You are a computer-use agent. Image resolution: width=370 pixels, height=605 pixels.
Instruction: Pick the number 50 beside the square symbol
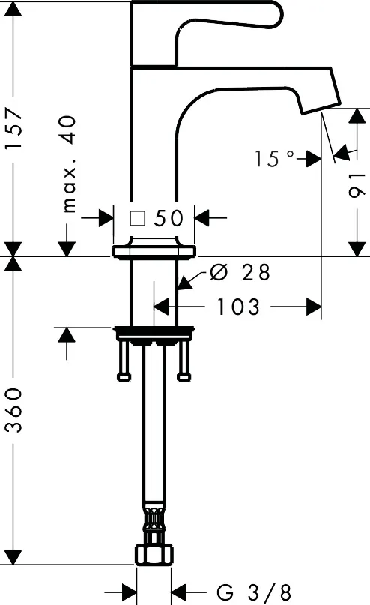(169, 218)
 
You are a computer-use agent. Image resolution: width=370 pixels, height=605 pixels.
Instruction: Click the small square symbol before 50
(137, 218)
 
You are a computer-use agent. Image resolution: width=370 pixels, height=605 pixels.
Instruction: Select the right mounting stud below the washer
(184, 362)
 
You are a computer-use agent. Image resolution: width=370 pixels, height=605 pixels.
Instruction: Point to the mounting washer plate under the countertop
(154, 331)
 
